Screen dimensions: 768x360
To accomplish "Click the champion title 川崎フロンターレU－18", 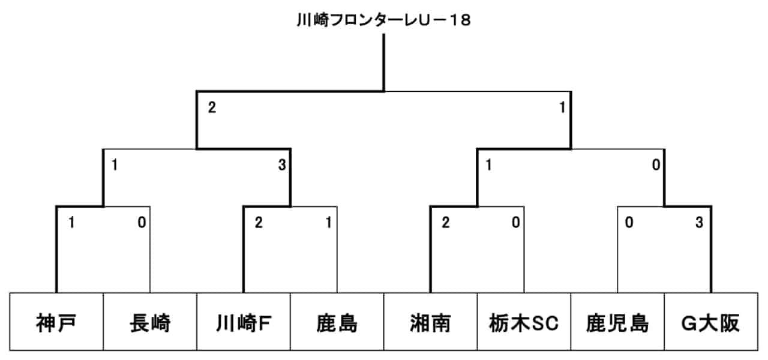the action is click(383, 20).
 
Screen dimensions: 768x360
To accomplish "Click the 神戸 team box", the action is click(56, 322).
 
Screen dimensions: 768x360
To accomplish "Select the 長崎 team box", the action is click(150, 322).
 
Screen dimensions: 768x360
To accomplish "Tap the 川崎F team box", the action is click(244, 322).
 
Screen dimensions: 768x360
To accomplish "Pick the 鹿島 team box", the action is click(337, 322).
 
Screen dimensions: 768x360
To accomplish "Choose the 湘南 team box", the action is click(430, 322).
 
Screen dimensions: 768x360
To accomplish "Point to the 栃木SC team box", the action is click(524, 322).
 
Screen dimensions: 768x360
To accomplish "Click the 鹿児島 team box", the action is click(617, 322).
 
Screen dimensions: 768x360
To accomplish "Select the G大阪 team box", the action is click(711, 322).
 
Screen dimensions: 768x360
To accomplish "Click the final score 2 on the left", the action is click(212, 107).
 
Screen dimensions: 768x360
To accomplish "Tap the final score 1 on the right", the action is click(562, 107).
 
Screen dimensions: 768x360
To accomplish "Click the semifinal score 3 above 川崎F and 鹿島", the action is click(282, 165).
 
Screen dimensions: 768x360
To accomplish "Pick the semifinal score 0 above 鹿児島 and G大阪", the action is click(656, 165).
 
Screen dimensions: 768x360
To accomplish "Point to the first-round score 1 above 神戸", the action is click(71, 223).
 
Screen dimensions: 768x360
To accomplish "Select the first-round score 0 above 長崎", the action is click(142, 223).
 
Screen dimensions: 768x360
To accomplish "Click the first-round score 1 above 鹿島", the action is click(328, 223).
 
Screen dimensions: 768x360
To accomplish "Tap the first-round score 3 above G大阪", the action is click(700, 223).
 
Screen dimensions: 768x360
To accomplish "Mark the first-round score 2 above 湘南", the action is click(445, 223).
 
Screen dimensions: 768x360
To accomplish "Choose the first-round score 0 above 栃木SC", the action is click(515, 223).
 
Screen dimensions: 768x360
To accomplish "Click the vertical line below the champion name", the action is click(383, 63).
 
